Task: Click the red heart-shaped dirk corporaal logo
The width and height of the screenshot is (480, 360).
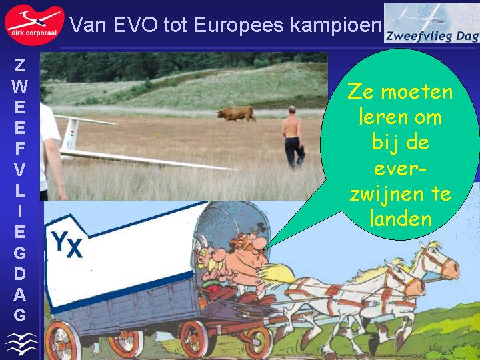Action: (x=34, y=25)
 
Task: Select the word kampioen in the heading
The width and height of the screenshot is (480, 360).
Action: (x=336, y=25)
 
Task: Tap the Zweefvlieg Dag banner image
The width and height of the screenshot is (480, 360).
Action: (x=431, y=23)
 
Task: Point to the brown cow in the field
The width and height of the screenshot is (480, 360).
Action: (x=236, y=113)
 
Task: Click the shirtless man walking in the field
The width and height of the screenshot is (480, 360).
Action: (x=293, y=137)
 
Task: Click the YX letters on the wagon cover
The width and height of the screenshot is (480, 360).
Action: (x=67, y=244)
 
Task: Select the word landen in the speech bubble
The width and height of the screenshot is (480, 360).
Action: (x=401, y=219)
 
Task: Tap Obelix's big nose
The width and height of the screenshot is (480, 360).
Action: (x=260, y=244)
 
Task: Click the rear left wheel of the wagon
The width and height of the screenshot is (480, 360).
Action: (x=63, y=341)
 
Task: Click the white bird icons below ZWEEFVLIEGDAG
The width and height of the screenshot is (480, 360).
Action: (x=21, y=343)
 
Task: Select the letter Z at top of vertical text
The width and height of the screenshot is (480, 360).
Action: (x=19, y=65)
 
